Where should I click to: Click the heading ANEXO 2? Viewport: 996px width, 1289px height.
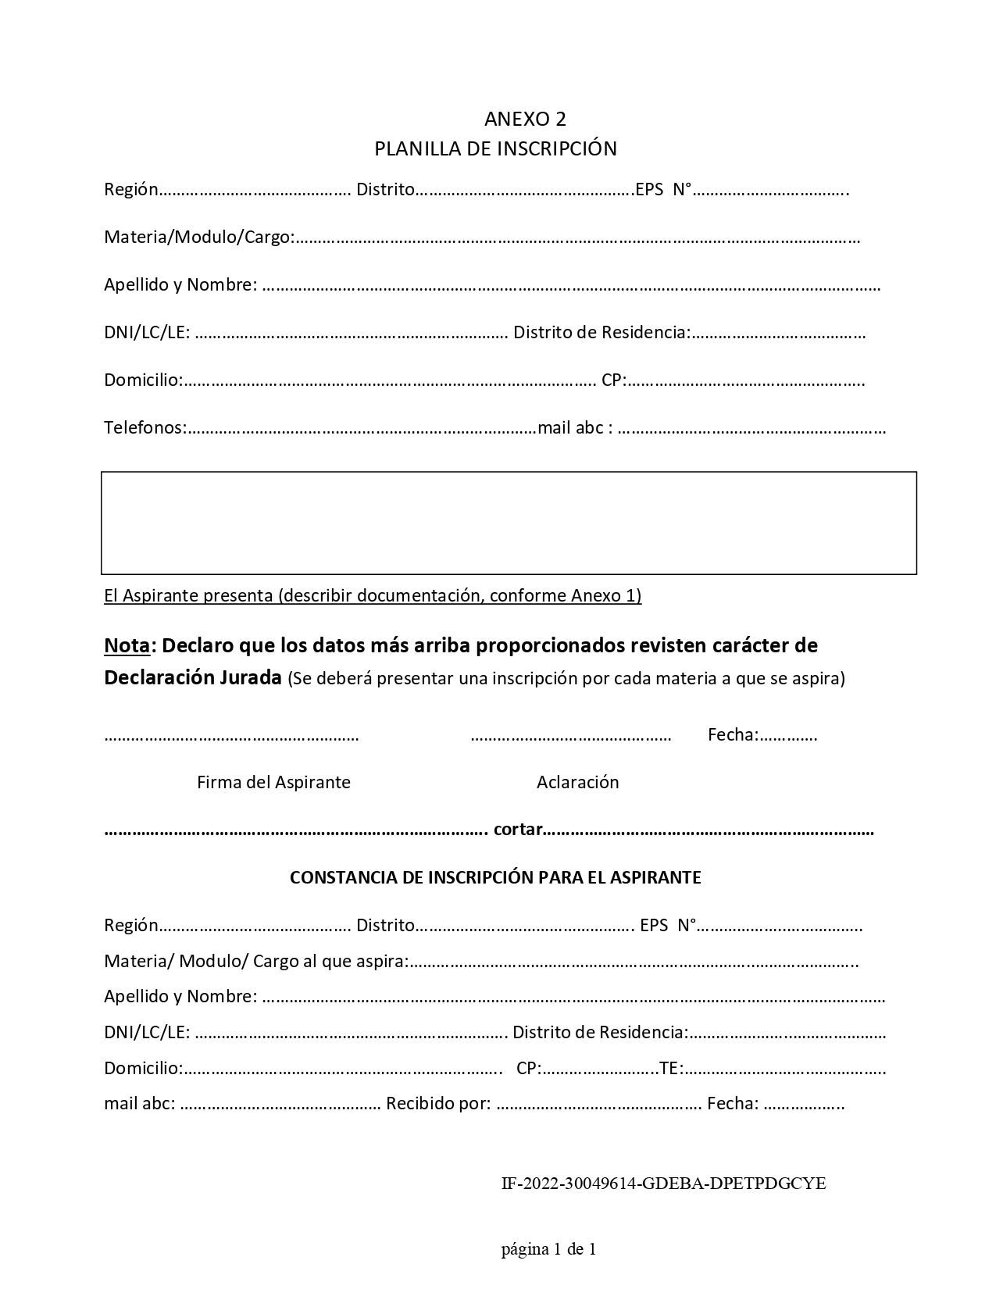click(x=525, y=119)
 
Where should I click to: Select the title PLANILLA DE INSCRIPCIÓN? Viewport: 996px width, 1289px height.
click(x=495, y=148)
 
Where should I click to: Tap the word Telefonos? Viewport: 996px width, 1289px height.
click(x=144, y=427)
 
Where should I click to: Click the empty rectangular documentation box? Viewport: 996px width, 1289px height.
click(x=509, y=523)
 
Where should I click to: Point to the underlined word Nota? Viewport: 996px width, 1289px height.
click(x=127, y=646)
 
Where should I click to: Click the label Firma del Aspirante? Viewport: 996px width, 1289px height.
click(x=273, y=782)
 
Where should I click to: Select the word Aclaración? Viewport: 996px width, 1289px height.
click(x=577, y=782)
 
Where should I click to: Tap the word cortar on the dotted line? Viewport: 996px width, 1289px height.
click(x=518, y=830)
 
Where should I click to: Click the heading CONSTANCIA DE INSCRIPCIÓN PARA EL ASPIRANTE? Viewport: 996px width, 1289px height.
click(x=495, y=877)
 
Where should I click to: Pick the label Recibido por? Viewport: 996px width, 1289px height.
click(x=437, y=1103)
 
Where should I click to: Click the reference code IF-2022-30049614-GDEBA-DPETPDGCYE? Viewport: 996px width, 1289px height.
click(x=663, y=1184)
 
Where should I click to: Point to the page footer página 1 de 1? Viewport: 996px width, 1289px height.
click(x=548, y=1249)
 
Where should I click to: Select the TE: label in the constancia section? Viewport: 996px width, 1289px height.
click(x=671, y=1068)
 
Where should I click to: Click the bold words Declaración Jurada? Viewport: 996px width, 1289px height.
click(x=192, y=677)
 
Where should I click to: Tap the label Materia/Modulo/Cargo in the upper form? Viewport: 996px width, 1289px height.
click(x=198, y=237)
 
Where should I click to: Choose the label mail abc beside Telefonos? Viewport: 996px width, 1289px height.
click(x=571, y=427)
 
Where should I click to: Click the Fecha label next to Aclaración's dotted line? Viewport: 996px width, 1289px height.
click(x=732, y=734)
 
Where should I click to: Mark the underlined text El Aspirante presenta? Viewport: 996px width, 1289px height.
click(x=188, y=596)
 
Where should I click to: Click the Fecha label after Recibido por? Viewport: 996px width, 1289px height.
click(x=732, y=1103)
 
